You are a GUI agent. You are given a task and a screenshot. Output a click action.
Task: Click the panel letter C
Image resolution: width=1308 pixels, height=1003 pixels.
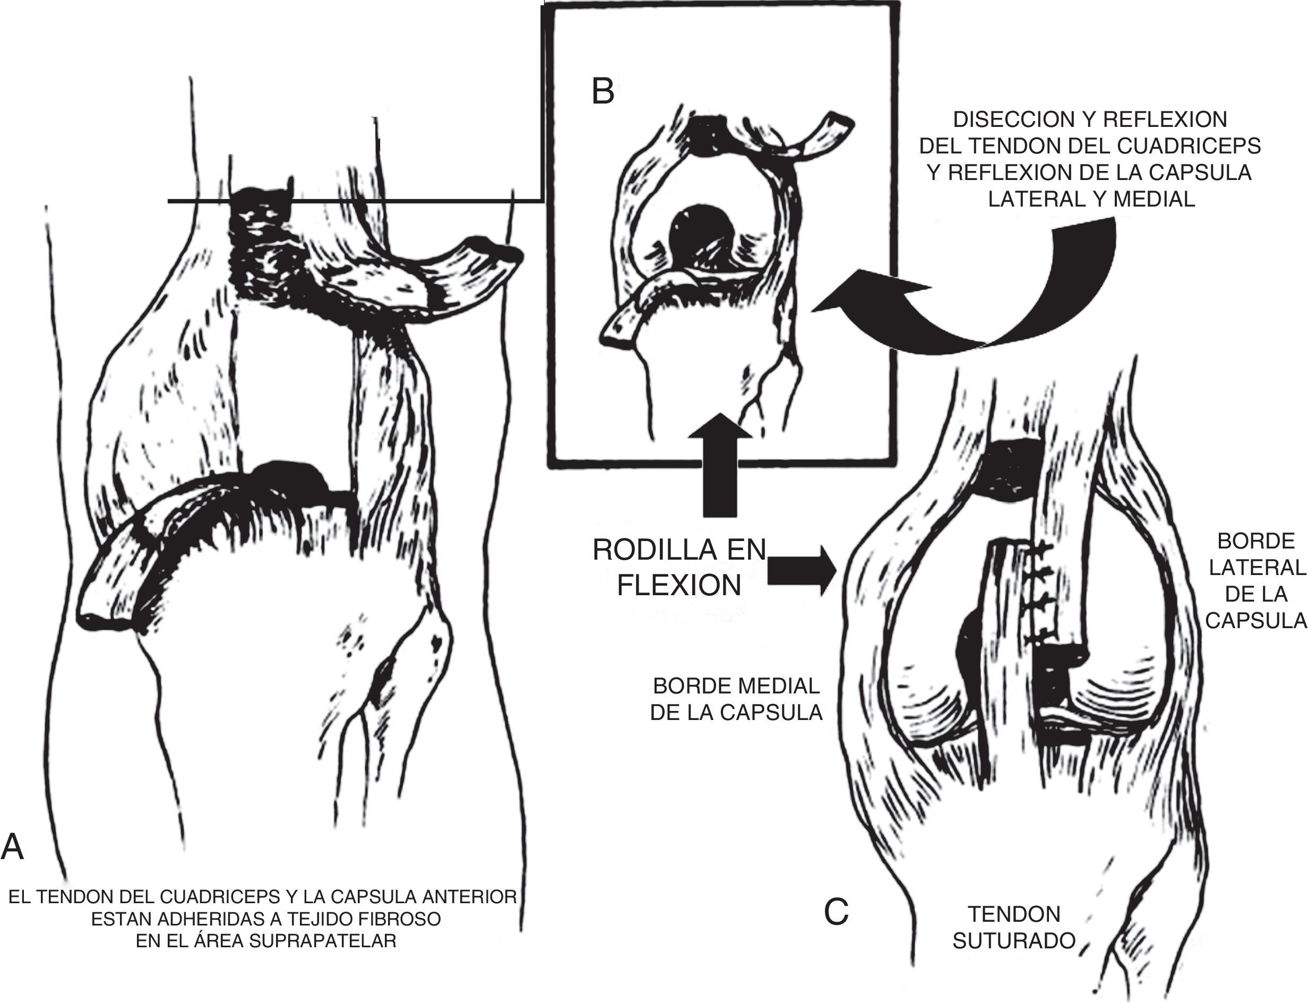[x=836, y=912]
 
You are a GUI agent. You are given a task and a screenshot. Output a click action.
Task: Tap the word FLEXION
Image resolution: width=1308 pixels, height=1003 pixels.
[x=678, y=586]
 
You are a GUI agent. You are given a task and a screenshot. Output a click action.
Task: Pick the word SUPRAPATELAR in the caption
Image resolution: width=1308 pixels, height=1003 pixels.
[x=322, y=941]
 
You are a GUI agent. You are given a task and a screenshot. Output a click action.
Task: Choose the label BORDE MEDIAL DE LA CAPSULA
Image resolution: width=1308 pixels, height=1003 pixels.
[x=736, y=699]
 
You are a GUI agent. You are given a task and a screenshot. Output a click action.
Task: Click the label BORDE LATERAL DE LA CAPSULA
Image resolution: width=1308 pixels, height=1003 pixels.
[x=1255, y=580]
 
